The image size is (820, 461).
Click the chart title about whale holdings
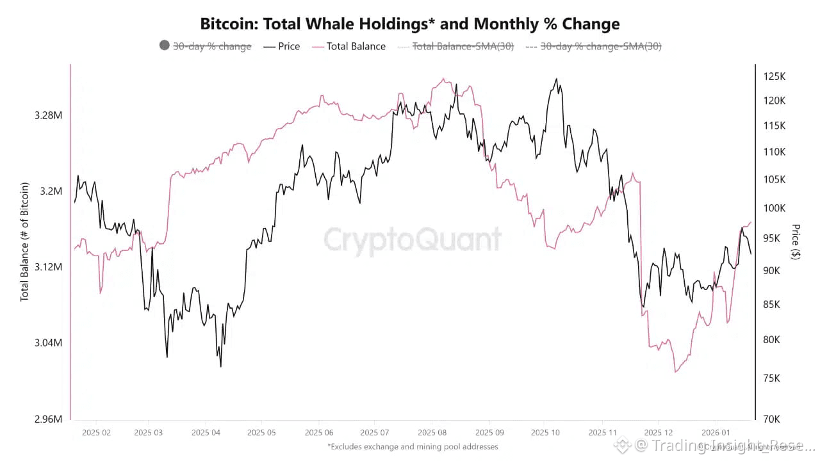coord(410,24)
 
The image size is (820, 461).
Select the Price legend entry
coord(282,46)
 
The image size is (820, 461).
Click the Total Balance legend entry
coord(349,46)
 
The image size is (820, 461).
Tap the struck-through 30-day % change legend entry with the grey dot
coord(205,46)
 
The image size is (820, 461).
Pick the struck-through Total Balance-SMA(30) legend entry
coord(456,46)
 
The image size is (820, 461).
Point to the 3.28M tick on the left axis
coord(49,115)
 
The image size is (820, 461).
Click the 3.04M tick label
coord(49,343)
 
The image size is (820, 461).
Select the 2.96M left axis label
coord(49,419)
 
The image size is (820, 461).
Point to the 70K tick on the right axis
coord(772,419)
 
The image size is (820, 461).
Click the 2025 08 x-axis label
coord(432,433)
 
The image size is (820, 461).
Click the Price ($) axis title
coord(796,241)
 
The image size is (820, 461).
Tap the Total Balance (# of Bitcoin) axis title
coord(26,242)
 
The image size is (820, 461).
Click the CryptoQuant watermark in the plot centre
coord(412,239)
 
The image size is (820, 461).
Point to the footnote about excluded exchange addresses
coord(412,446)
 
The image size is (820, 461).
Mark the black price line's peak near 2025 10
coord(555,79)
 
